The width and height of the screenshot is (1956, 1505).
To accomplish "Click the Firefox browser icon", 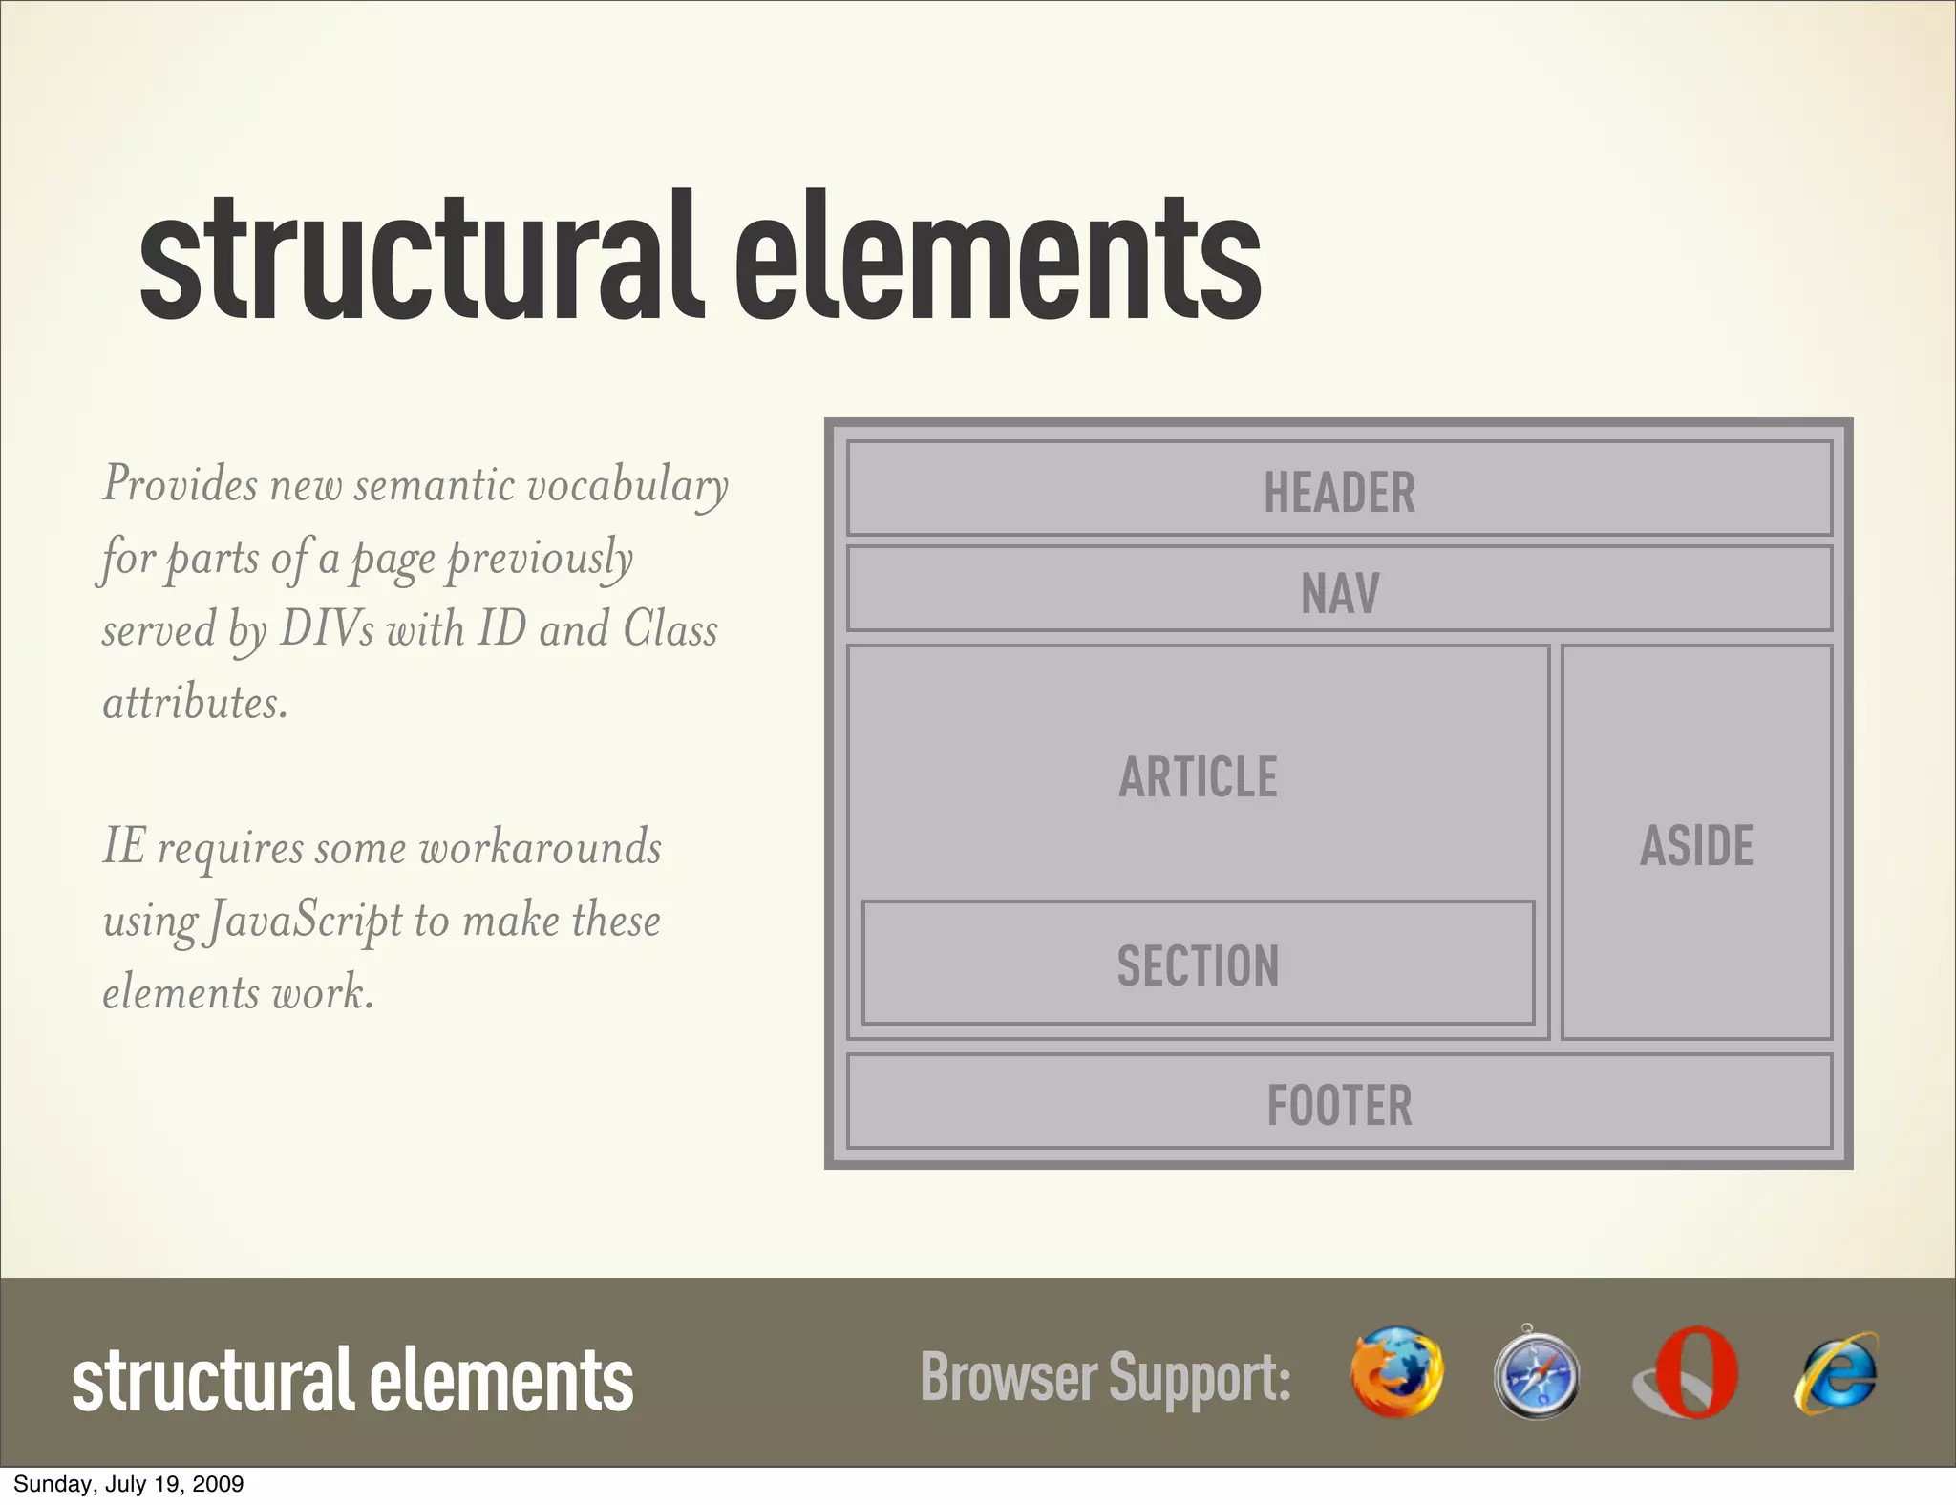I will point(1396,1371).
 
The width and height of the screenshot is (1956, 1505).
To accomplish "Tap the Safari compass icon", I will point(1536,1373).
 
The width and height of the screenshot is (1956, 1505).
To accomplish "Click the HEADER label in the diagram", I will point(1339,493).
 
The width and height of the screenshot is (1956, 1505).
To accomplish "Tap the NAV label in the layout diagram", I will point(1339,593).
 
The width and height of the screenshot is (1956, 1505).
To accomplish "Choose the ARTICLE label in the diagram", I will point(1198,776).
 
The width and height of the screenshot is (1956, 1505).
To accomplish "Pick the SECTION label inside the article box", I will point(1198,965).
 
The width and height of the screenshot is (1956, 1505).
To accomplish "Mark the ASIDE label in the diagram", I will point(1696,845).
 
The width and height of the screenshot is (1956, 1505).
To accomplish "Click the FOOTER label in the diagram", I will point(1339,1105).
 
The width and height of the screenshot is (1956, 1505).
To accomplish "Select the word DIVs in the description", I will point(326,630).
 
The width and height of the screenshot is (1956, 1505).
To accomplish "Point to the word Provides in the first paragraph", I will point(180,484).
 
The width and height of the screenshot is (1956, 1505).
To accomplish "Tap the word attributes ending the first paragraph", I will point(194,703).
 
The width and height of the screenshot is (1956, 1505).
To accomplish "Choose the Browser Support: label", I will point(1105,1378).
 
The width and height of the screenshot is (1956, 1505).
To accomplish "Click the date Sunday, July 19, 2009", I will point(128,1484).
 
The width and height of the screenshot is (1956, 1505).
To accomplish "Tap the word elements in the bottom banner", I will point(501,1380).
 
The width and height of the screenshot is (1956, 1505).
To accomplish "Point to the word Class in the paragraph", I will point(670,630).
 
